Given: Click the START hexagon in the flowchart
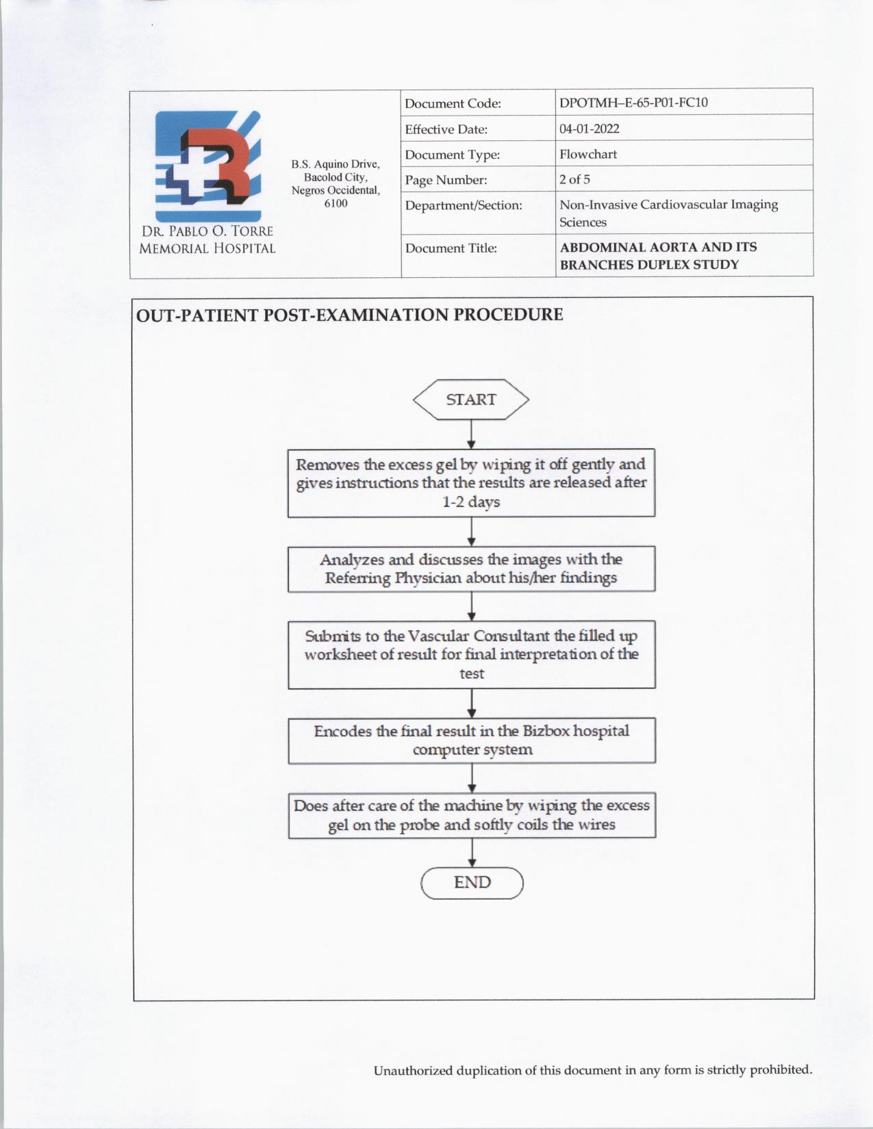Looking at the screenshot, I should pos(471,400).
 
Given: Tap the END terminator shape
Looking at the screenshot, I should pos(472,883).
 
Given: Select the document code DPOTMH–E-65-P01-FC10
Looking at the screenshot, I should pos(633,103).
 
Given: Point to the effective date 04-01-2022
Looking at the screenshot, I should pos(590,129).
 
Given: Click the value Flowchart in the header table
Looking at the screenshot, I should pos(588,154).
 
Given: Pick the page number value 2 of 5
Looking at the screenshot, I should pos(574,179).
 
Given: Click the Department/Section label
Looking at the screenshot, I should pos(464,205).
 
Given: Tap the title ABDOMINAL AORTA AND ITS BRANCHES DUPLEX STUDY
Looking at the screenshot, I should pos(658,256).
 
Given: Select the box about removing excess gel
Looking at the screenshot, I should pos(471,483).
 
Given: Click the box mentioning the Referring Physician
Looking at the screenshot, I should pos(471,569).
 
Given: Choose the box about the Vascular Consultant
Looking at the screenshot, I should pos(471,655).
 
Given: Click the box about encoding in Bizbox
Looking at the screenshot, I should pos(471,740).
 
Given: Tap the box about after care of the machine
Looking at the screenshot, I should pos(471,815).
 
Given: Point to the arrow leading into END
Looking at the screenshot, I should pos(472,853).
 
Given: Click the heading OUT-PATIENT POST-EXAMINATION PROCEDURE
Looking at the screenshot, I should pos(349,315).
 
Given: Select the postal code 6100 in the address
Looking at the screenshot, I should pos(336,203).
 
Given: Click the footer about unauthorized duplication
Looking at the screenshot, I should pos(593,1070).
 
